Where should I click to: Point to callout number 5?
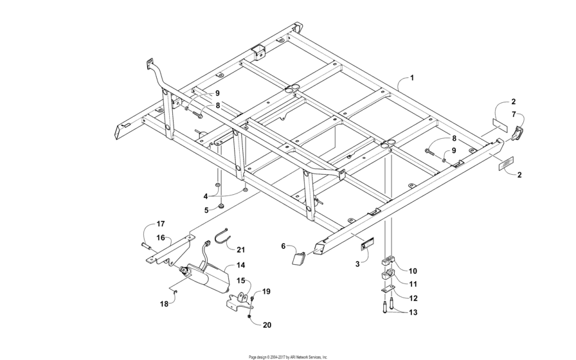pyautogui.click(x=206, y=210)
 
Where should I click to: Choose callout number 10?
pyautogui.click(x=413, y=271)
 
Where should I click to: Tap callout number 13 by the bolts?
pyautogui.click(x=413, y=312)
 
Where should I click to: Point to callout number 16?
pyautogui.click(x=161, y=237)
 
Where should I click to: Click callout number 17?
pyautogui.click(x=161, y=224)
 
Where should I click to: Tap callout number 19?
pyautogui.click(x=266, y=291)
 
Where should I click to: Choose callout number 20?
pyautogui.click(x=266, y=325)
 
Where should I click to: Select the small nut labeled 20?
pyautogui.click(x=249, y=315)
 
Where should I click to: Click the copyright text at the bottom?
pyautogui.click(x=288, y=356)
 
